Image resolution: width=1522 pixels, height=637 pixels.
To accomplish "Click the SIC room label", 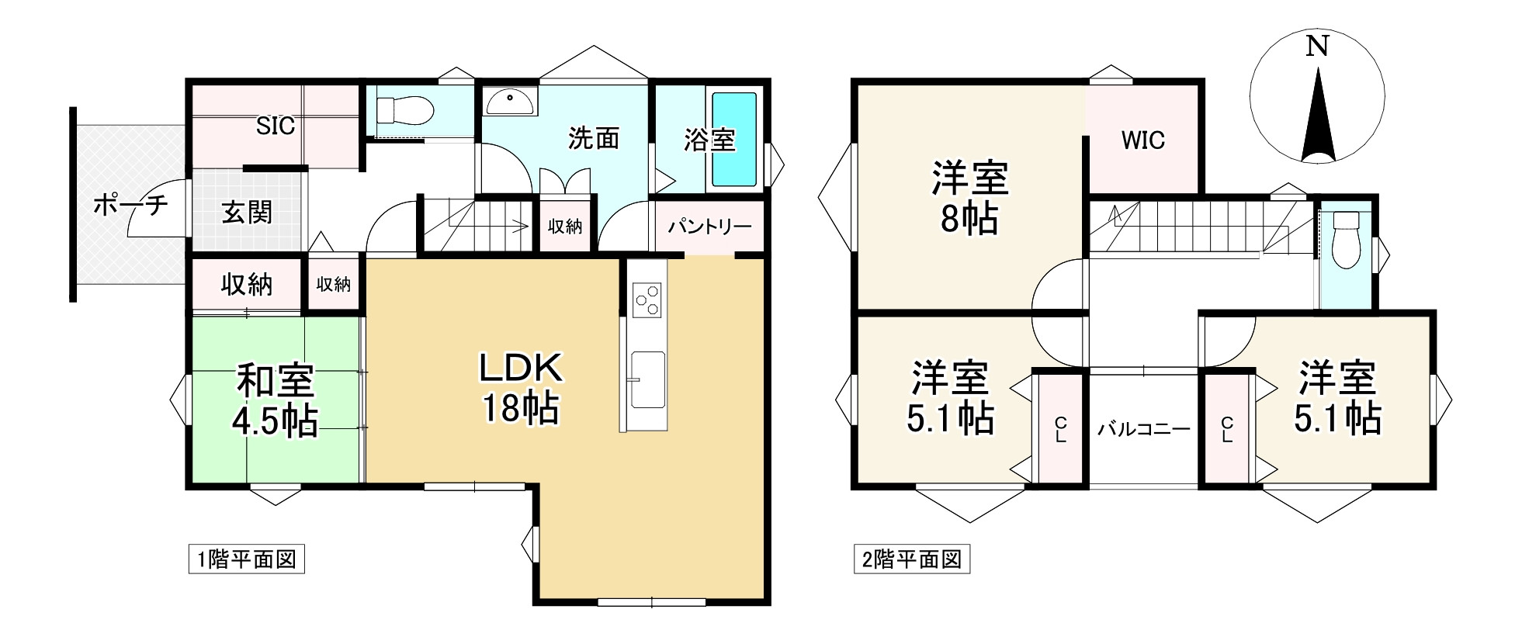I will [276, 126].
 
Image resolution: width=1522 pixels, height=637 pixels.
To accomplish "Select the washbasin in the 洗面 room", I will [509, 100].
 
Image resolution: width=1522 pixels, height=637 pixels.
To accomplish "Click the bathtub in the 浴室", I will [733, 140].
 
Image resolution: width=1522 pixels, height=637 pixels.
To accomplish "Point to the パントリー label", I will [709, 227].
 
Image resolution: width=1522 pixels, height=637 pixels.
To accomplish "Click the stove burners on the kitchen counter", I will [647, 299].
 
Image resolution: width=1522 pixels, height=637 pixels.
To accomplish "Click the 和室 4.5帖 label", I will [275, 401].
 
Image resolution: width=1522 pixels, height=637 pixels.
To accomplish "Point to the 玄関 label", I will [247, 212].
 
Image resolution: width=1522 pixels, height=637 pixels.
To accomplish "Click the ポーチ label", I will [130, 206].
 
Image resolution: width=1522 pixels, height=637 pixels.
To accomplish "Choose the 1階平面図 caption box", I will [247, 559].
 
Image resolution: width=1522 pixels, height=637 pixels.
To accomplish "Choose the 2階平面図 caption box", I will [912, 559].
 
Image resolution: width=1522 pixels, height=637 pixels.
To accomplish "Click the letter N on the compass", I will [1316, 47].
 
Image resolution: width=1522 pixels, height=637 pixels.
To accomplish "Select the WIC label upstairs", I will [1142, 140].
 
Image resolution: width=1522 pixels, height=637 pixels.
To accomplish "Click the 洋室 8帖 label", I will [969, 199].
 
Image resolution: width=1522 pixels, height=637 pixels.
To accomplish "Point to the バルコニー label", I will [1143, 429].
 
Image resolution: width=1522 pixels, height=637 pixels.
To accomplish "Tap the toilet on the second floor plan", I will [1343, 245].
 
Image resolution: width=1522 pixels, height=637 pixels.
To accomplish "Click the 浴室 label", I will [709, 140].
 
